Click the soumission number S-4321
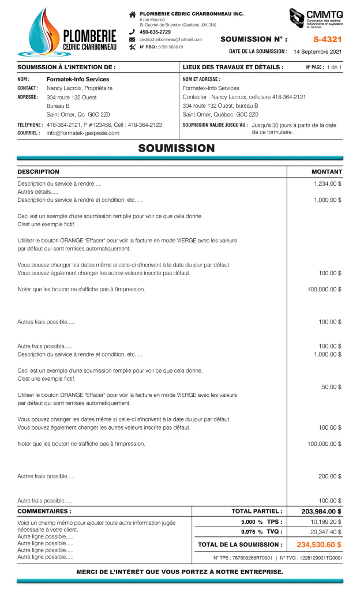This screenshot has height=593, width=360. [327, 40]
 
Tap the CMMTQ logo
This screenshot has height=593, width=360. [316, 21]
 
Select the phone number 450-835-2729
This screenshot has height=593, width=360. [155, 32]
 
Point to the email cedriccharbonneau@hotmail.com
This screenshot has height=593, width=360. [171, 39]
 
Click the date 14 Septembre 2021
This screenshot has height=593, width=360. [317, 52]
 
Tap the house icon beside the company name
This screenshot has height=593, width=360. [132, 13]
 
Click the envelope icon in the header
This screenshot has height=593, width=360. [132, 39]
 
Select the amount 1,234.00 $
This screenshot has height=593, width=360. [327, 183]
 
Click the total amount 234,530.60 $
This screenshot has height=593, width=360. [319, 544]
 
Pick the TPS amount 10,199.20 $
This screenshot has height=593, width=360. [326, 521]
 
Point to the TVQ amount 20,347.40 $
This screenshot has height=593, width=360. [326, 532]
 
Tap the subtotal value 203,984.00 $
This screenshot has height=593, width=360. [321, 511]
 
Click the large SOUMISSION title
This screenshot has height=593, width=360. [177, 148]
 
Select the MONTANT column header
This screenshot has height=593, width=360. [327, 172]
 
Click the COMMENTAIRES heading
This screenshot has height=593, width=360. [45, 511]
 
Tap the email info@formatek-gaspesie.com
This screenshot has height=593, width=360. [82, 133]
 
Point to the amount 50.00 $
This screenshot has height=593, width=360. [331, 386]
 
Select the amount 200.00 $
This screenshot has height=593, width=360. [330, 476]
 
